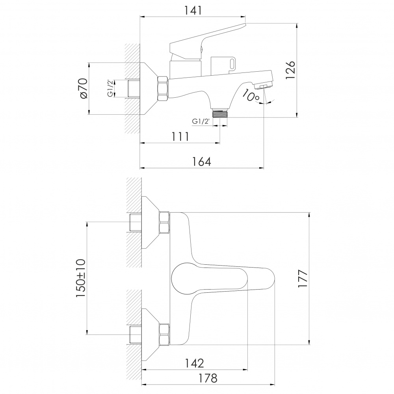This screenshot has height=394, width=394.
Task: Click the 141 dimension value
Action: click(x=193, y=10)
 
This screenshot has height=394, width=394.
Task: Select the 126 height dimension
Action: click(x=290, y=70)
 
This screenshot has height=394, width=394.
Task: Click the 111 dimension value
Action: click(x=180, y=136)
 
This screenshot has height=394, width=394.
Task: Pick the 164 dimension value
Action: click(x=201, y=162)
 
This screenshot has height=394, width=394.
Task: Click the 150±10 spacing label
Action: click(x=81, y=279)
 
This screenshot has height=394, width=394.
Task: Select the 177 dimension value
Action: click(x=303, y=279)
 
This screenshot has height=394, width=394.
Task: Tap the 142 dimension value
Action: click(x=194, y=363)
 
